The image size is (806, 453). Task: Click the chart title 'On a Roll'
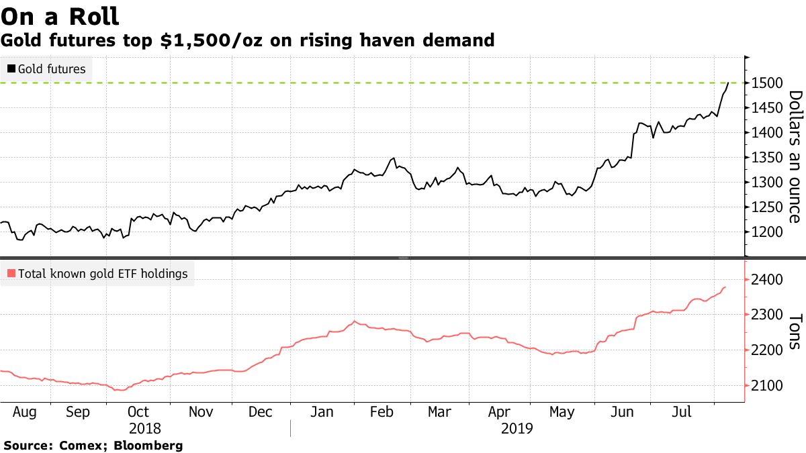click(x=60, y=15)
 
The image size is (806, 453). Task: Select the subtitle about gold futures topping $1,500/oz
click(x=248, y=41)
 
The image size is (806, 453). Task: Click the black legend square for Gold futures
click(x=11, y=69)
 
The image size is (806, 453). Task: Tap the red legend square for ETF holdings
click(x=11, y=274)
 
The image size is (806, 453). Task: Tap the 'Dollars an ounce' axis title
click(x=794, y=156)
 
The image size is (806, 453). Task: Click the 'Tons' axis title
click(x=794, y=331)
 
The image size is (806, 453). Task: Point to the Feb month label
click(x=382, y=411)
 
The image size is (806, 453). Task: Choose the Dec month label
click(x=261, y=411)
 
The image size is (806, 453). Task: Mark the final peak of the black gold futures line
click(x=728, y=83)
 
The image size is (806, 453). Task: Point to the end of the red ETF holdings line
click(x=725, y=287)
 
